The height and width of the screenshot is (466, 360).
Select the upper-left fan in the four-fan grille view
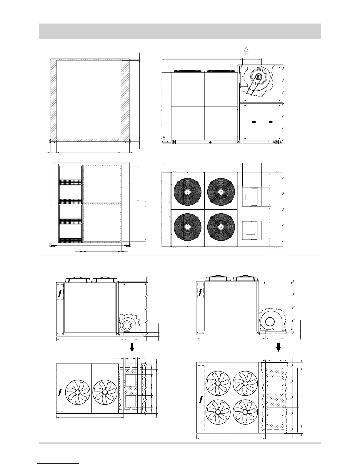pyautogui.click(x=187, y=192)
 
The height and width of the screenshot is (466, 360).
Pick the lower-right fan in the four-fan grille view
pyautogui.click(x=221, y=227)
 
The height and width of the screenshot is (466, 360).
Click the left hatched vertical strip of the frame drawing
pyautogui.click(x=53, y=100)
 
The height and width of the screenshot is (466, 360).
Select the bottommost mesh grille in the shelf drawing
pyautogui.click(x=71, y=240)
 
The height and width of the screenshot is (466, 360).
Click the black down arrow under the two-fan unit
pyautogui.click(x=132, y=347)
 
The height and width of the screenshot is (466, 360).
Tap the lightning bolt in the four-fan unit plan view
pyautogui.click(x=201, y=399)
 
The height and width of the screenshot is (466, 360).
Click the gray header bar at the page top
pyautogui.click(x=180, y=31)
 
